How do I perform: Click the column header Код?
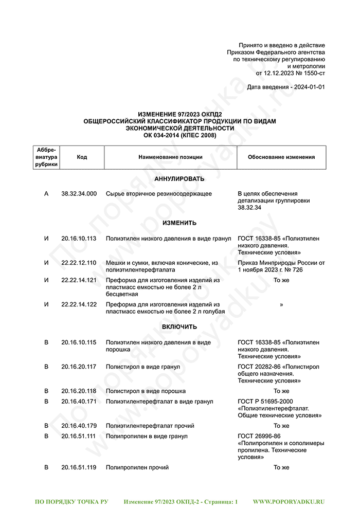[x=82, y=157]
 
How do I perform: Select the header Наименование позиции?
[x=170, y=157]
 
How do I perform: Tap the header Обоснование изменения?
[x=281, y=157]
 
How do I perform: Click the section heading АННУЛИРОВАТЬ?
[x=179, y=179]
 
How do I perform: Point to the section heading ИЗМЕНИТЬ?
[x=179, y=223]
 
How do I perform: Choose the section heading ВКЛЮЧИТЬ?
[x=179, y=327]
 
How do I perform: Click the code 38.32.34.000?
[x=79, y=194]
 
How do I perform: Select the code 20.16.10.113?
[x=79, y=239]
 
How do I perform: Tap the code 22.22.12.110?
[x=79, y=263]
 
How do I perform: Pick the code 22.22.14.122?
[x=79, y=304]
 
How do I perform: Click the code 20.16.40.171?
[x=79, y=401]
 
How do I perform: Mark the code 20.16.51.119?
[x=79, y=467]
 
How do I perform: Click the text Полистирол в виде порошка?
[x=146, y=391]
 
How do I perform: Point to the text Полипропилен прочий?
[x=137, y=467]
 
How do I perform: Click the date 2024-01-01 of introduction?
[x=309, y=87]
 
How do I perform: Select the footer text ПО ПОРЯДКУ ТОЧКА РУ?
[x=71, y=501]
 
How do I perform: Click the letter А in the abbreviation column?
[x=47, y=194]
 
